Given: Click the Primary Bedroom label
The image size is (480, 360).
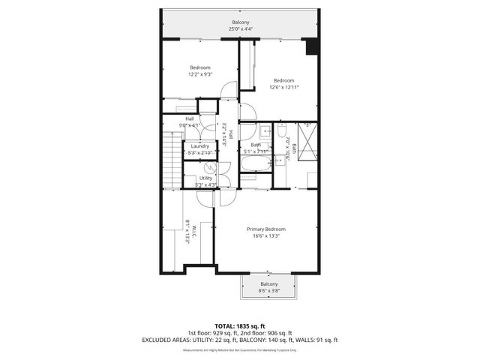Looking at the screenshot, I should click(x=266, y=229).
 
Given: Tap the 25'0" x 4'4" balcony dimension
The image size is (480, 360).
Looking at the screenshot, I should click(x=241, y=29).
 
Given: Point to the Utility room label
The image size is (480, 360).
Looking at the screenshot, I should click(x=205, y=178).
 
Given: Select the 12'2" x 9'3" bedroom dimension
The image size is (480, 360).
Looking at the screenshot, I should click(x=199, y=74).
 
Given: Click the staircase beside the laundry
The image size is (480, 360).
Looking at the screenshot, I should click(x=173, y=157).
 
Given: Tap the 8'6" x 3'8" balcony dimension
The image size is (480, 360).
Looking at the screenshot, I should click(x=268, y=291).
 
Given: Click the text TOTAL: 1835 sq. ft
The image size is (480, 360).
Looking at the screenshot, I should click(x=240, y=325).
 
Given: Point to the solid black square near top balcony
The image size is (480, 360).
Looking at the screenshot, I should click(x=312, y=46).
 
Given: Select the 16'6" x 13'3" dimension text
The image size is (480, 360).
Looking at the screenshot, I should click(x=266, y=235).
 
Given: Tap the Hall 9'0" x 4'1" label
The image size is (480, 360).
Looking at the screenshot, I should click(x=190, y=122).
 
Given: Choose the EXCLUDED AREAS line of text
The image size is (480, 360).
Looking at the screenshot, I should click(x=240, y=340).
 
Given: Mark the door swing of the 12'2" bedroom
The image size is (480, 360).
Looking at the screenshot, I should click(x=229, y=89).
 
